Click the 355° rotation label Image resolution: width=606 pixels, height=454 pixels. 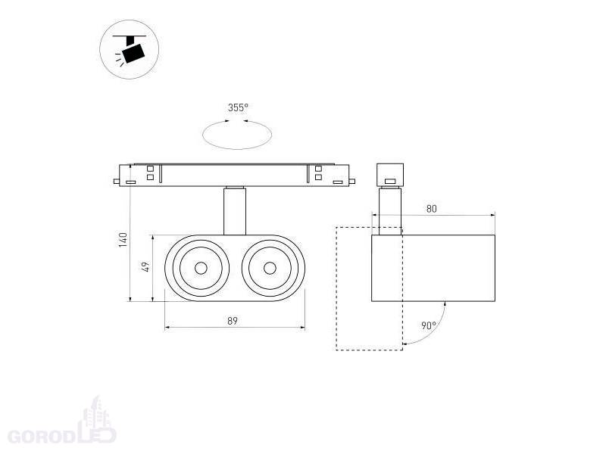tap(238, 108)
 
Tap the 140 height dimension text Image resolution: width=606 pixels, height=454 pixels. tap(123, 240)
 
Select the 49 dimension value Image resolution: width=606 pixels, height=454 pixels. tap(146, 267)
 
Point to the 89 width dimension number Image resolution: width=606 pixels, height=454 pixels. tap(233, 321)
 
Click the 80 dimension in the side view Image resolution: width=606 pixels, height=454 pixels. tap(432, 208)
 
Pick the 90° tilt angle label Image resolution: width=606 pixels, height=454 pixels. tap(428, 326)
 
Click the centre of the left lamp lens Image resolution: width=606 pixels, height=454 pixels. tap(201, 268)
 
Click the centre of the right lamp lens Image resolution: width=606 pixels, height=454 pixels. tap(270, 268)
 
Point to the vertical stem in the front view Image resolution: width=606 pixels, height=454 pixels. tap(235, 212)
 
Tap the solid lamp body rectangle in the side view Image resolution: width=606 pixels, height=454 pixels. tap(433, 269)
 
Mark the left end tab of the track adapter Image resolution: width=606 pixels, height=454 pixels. tap(115, 181)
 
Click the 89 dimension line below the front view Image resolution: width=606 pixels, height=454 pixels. tap(235, 328)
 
